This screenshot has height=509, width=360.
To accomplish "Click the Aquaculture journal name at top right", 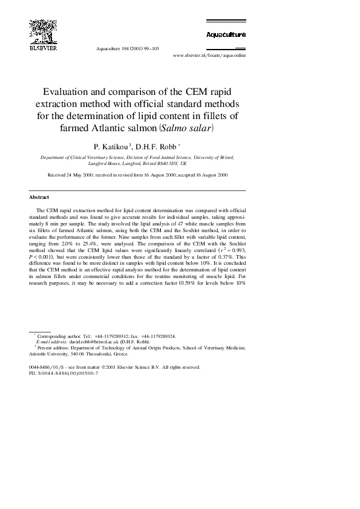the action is (x=226, y=34).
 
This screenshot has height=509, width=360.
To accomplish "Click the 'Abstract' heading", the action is (x=39, y=197).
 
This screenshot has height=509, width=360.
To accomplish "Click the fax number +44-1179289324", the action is (x=159, y=336).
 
